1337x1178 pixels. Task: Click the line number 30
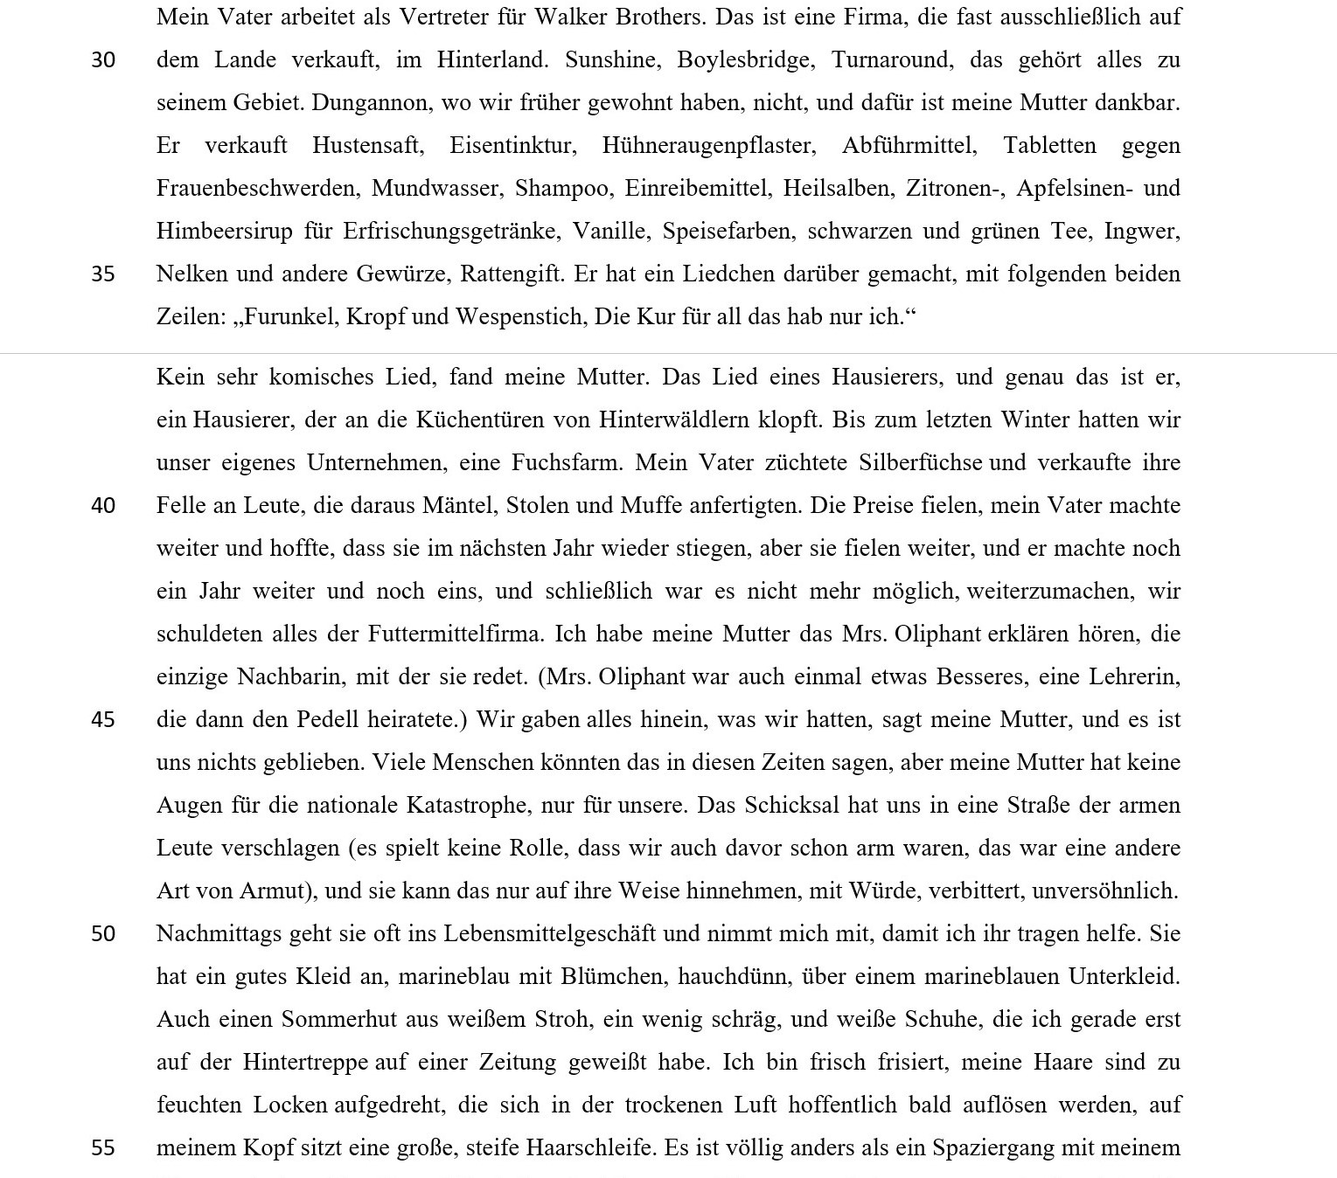click(x=103, y=60)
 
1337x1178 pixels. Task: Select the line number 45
click(x=103, y=720)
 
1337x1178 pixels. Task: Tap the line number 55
click(x=103, y=1148)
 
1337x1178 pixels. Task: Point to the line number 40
click(x=103, y=506)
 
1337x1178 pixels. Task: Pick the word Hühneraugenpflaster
click(x=708, y=145)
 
